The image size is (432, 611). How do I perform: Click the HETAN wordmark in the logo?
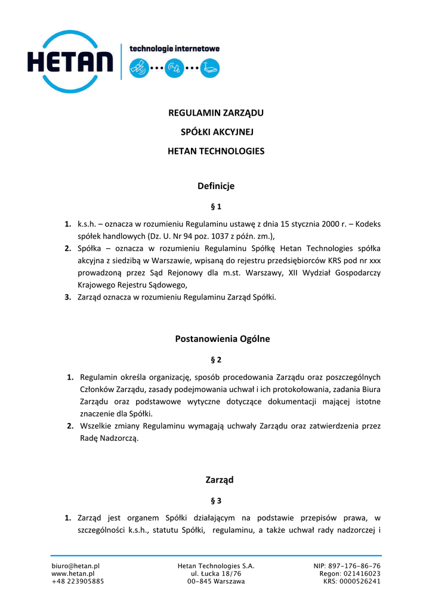(x=70, y=61)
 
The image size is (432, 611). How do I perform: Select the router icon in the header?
(x=209, y=68)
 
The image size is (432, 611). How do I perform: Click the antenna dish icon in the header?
(x=174, y=68)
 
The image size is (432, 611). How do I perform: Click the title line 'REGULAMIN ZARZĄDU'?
(x=216, y=113)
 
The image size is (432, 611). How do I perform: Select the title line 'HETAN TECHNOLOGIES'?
(x=216, y=151)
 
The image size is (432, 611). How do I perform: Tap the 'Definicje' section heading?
(x=216, y=186)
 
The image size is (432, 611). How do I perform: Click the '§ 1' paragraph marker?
(x=216, y=207)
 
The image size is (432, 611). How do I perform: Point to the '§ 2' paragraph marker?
(x=216, y=360)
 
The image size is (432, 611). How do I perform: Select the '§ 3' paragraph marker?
(x=216, y=501)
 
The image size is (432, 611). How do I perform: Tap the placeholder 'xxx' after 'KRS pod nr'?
(x=375, y=260)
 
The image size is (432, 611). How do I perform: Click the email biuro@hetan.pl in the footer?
(x=76, y=566)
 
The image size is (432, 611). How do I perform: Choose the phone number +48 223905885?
(x=78, y=581)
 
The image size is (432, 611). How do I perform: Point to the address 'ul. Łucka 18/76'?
(x=216, y=573)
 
